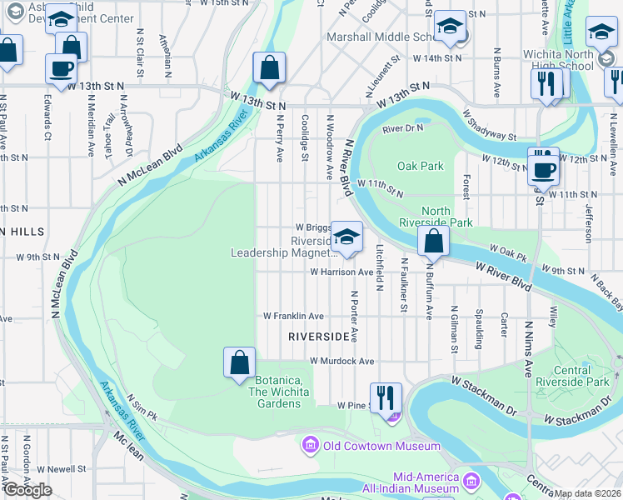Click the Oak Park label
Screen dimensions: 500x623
click(x=421, y=166)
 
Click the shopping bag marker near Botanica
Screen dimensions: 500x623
click(x=239, y=362)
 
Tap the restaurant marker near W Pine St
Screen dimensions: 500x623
click(x=386, y=397)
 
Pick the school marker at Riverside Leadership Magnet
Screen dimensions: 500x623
click(x=346, y=236)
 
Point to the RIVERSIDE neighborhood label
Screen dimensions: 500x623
click(x=318, y=337)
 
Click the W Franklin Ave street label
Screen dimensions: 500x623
click(x=293, y=317)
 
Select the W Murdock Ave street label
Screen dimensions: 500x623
click(x=341, y=362)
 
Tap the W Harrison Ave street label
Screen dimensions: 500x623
click(x=341, y=272)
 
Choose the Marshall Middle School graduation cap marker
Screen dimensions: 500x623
click(x=449, y=27)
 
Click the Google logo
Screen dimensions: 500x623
click(x=27, y=490)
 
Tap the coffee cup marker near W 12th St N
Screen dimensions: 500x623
click(x=543, y=169)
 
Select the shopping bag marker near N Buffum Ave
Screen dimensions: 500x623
click(x=433, y=242)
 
